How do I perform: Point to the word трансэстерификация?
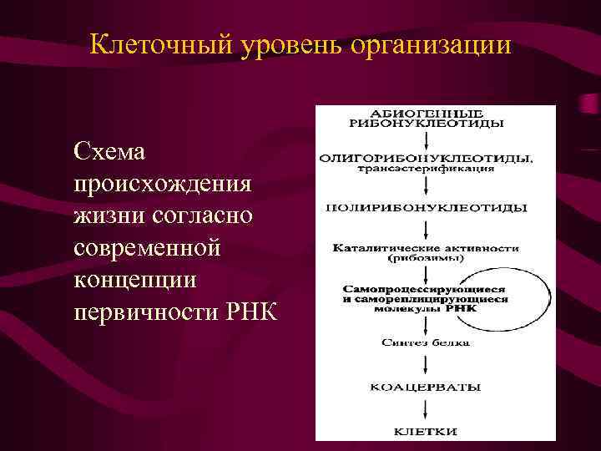click(x=426, y=168)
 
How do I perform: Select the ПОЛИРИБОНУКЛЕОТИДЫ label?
click(x=426, y=206)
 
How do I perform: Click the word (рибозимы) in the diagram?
click(x=426, y=258)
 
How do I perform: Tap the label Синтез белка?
click(x=426, y=342)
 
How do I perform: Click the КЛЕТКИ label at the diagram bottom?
click(x=426, y=431)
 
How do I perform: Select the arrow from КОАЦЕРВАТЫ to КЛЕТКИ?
click(x=427, y=409)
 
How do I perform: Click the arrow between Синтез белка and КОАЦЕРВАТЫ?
click(x=427, y=364)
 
